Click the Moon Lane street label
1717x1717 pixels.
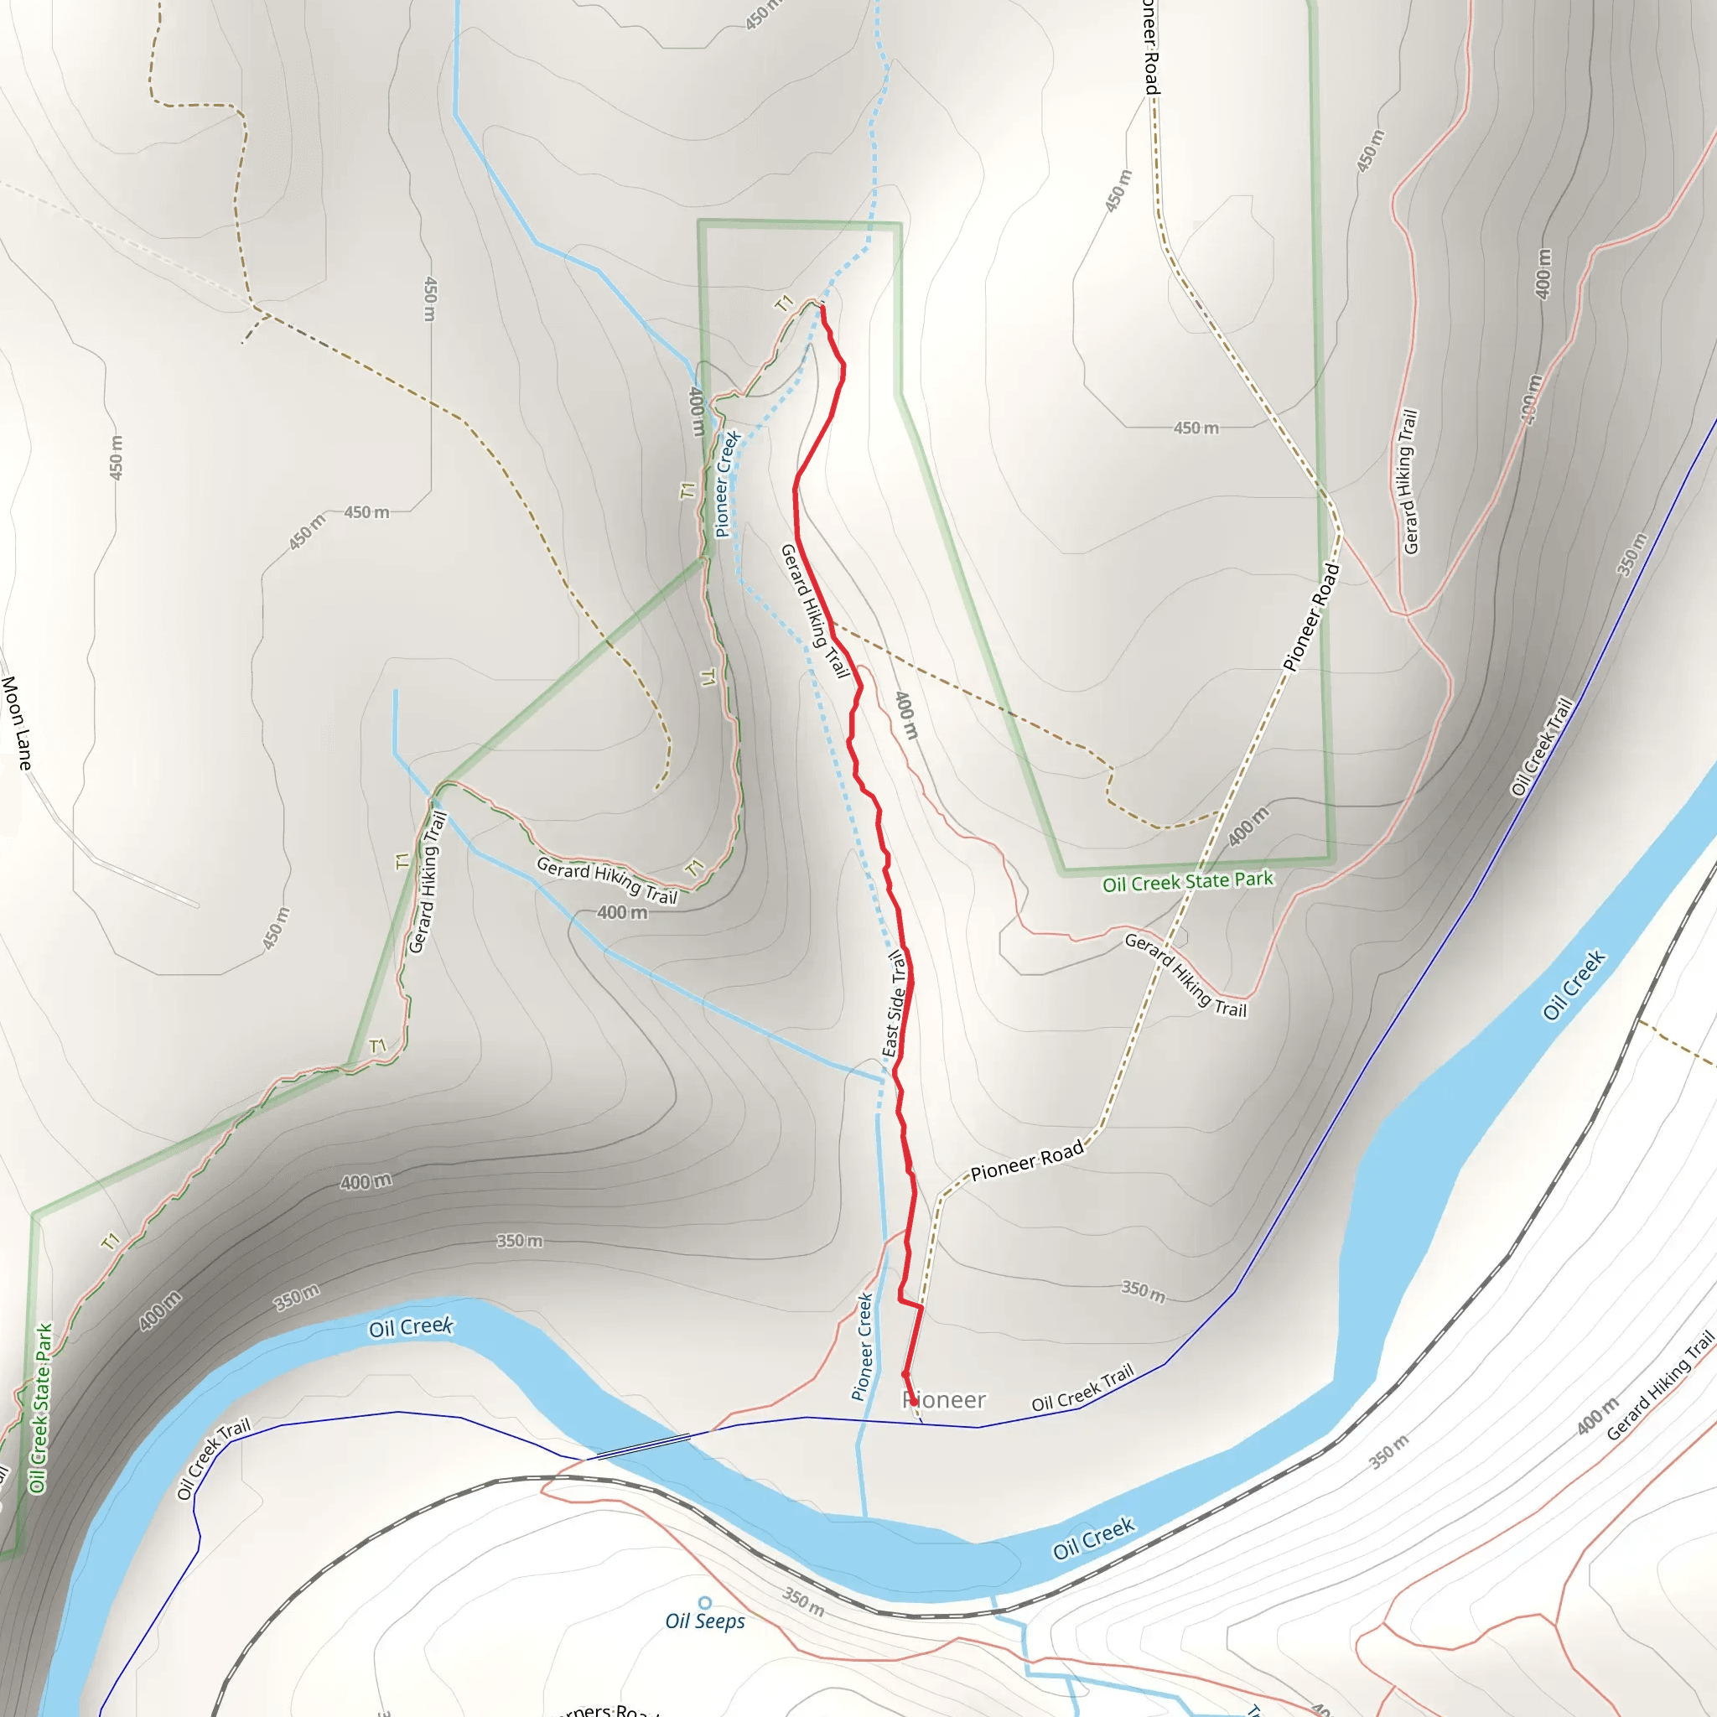tap(17, 723)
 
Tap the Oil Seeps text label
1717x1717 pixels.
tap(705, 1621)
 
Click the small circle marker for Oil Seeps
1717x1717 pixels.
tap(705, 1602)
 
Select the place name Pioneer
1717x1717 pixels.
tap(944, 1401)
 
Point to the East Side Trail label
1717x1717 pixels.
tap(895, 1004)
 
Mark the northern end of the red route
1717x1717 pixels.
tap(822, 307)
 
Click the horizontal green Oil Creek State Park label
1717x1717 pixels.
tap(1187, 882)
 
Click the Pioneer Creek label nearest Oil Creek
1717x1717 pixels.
tap(863, 1346)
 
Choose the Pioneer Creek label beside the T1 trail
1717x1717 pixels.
tap(727, 485)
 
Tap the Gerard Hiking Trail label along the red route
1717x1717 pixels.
tap(814, 610)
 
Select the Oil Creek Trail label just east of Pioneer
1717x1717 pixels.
tap(1082, 1388)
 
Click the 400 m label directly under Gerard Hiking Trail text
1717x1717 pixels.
tap(622, 913)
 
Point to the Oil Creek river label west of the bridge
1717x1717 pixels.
tap(411, 1328)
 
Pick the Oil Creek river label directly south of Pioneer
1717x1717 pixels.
tap(1093, 1538)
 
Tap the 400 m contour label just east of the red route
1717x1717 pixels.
tap(905, 715)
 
